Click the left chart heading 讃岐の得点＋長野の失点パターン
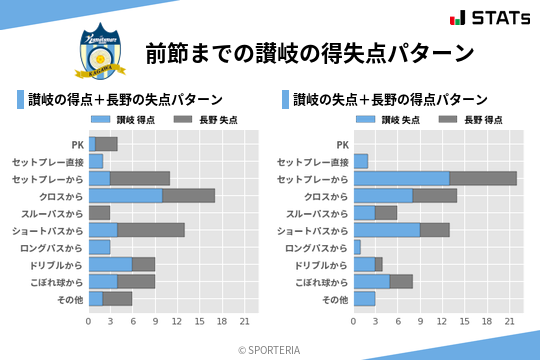pyautogui.click(x=125, y=100)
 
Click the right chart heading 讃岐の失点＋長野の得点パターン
pyautogui.click(x=391, y=100)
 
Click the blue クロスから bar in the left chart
pyautogui.click(x=125, y=196)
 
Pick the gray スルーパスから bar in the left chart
pyautogui.click(x=99, y=213)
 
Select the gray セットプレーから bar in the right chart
pyautogui.click(x=483, y=178)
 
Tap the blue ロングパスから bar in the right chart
pyautogui.click(x=357, y=247)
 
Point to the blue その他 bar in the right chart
pyautogui.click(x=364, y=299)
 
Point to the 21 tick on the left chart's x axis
pyautogui.click(x=244, y=321)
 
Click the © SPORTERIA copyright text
pyautogui.click(x=269, y=349)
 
